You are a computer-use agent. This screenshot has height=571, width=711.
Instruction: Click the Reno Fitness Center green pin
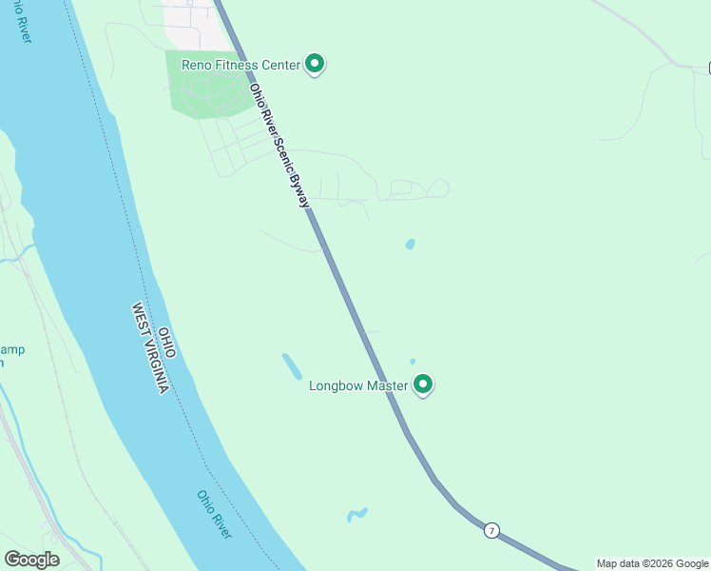[315, 64]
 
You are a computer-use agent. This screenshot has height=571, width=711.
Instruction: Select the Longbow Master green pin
[423, 384]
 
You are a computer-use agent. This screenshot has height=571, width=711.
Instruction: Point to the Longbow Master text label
[358, 386]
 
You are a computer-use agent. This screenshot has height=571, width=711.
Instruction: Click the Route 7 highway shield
[490, 530]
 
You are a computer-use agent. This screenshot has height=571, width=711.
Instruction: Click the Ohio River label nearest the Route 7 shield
[215, 514]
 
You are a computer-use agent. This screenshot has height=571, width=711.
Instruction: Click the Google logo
[32, 560]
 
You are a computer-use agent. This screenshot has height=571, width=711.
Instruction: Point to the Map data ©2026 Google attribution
[653, 563]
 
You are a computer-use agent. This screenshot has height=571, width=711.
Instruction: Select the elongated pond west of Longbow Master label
[292, 365]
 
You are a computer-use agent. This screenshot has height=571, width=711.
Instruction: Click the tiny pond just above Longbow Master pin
[413, 362]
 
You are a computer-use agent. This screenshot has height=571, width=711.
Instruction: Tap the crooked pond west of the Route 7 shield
[356, 515]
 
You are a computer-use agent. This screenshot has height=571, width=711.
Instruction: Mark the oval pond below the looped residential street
[410, 245]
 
